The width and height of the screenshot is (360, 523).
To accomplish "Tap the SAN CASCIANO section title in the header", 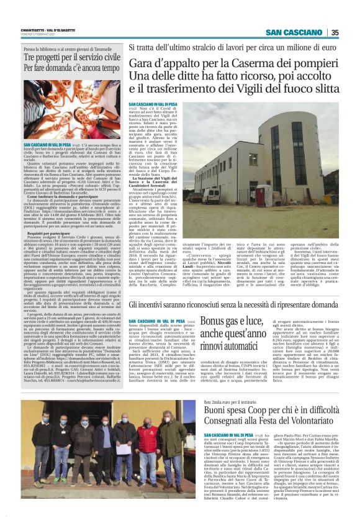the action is coord(295,33).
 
